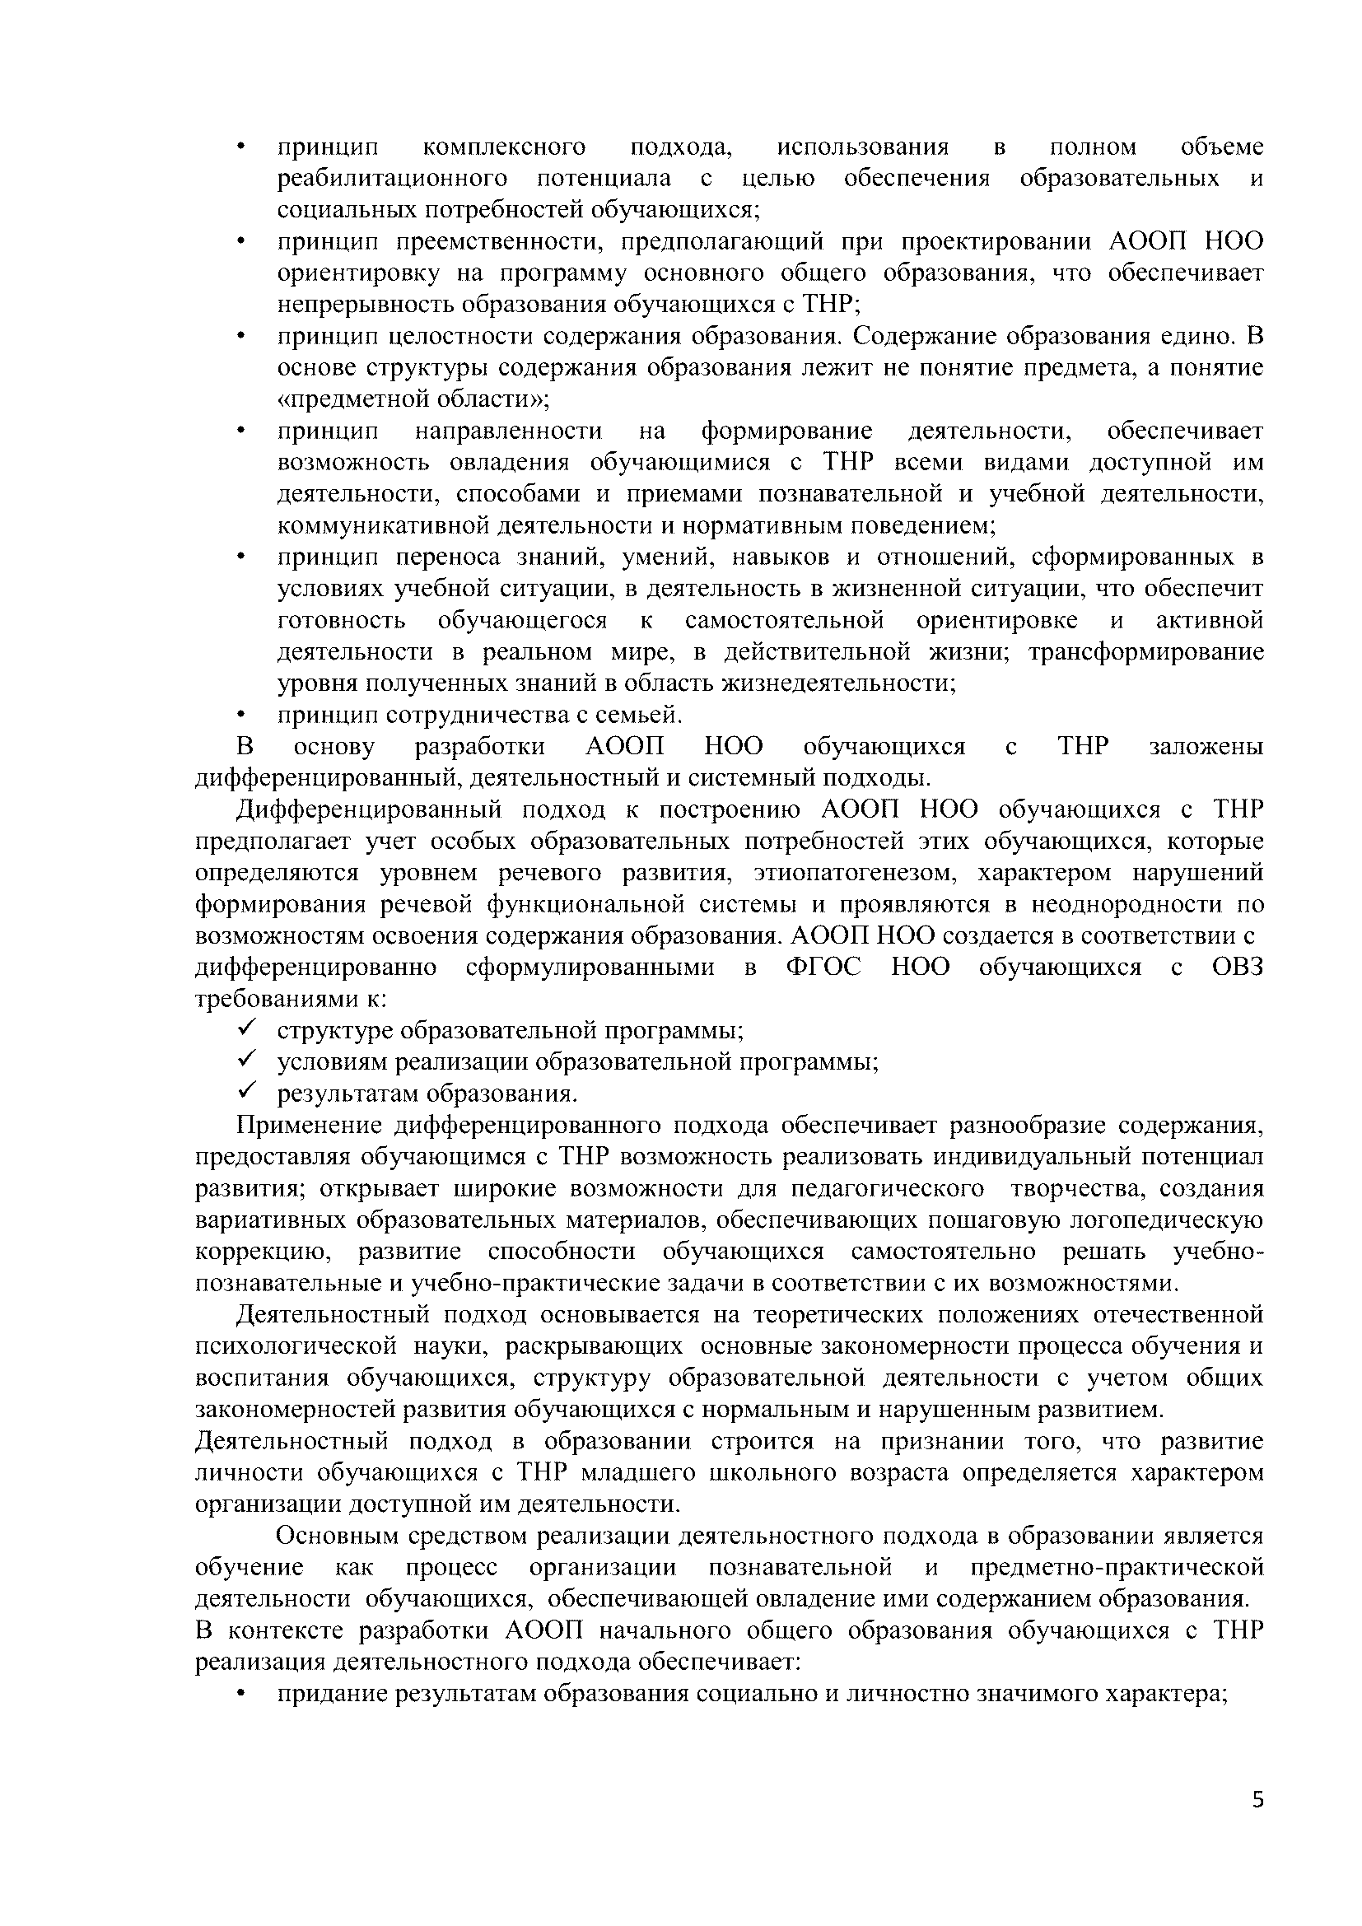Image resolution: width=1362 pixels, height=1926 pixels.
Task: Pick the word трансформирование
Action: pyautogui.click(x=1145, y=652)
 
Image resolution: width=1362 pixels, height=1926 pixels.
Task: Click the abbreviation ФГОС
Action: pyautogui.click(x=823, y=968)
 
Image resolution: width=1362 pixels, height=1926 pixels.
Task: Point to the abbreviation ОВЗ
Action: pyautogui.click(x=1237, y=968)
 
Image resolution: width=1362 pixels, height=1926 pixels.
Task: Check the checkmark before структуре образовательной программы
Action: pyautogui.click(x=246, y=1028)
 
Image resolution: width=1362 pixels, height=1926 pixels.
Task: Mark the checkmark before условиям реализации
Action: pyautogui.click(x=246, y=1061)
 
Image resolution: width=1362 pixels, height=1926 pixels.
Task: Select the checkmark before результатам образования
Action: pyautogui.click(x=246, y=1092)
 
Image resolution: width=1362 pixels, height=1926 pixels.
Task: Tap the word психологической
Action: pyautogui.click(x=296, y=1347)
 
